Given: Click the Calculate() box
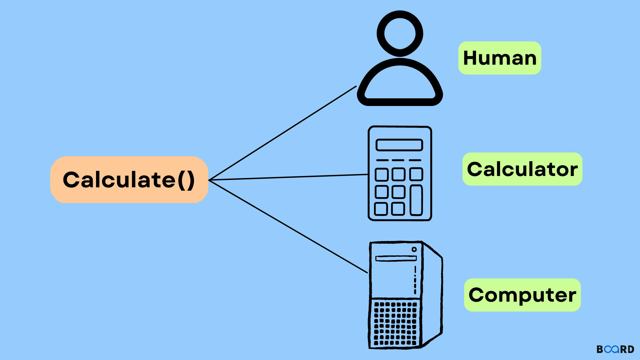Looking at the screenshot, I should click(129, 180).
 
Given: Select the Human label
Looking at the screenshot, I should click(500, 58).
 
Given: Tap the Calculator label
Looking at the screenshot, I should click(522, 169).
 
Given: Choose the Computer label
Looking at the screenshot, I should click(522, 295).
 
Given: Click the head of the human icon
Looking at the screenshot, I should click(400, 33).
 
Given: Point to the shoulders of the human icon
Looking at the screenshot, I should click(400, 83).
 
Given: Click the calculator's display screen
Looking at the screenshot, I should click(399, 145).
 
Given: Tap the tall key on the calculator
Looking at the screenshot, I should click(416, 200).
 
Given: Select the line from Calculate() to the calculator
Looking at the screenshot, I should click(289, 177).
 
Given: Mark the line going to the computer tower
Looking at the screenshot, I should click(289, 227).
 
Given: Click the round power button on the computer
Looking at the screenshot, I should click(414, 249).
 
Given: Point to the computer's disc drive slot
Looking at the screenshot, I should click(396, 258).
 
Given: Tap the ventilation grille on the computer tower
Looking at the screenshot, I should click(395, 323).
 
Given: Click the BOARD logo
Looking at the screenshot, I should click(615, 349).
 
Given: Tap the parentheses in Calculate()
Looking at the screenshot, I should click(186, 180).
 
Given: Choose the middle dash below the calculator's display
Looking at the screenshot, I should click(398, 160).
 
